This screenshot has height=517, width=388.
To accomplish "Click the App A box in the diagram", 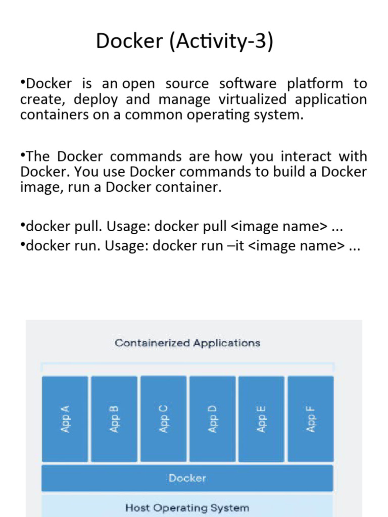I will click(65, 419).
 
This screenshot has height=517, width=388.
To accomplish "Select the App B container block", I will click(114, 419).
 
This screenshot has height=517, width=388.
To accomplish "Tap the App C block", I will click(163, 419).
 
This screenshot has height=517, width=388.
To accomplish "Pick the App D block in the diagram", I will click(212, 419).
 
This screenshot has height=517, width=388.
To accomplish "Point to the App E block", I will click(261, 419).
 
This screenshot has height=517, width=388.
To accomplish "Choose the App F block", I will click(310, 419).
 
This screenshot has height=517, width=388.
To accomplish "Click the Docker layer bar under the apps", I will click(187, 478).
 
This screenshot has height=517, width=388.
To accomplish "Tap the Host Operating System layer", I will click(187, 507).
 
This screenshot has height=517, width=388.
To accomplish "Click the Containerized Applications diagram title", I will click(187, 343).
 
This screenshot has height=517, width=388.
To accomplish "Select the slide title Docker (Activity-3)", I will click(184, 41).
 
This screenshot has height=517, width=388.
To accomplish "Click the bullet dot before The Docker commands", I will click(23, 155).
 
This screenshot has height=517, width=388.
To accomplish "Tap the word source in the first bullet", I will click(186, 83).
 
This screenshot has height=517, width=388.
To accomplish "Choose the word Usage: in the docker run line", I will click(128, 246).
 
